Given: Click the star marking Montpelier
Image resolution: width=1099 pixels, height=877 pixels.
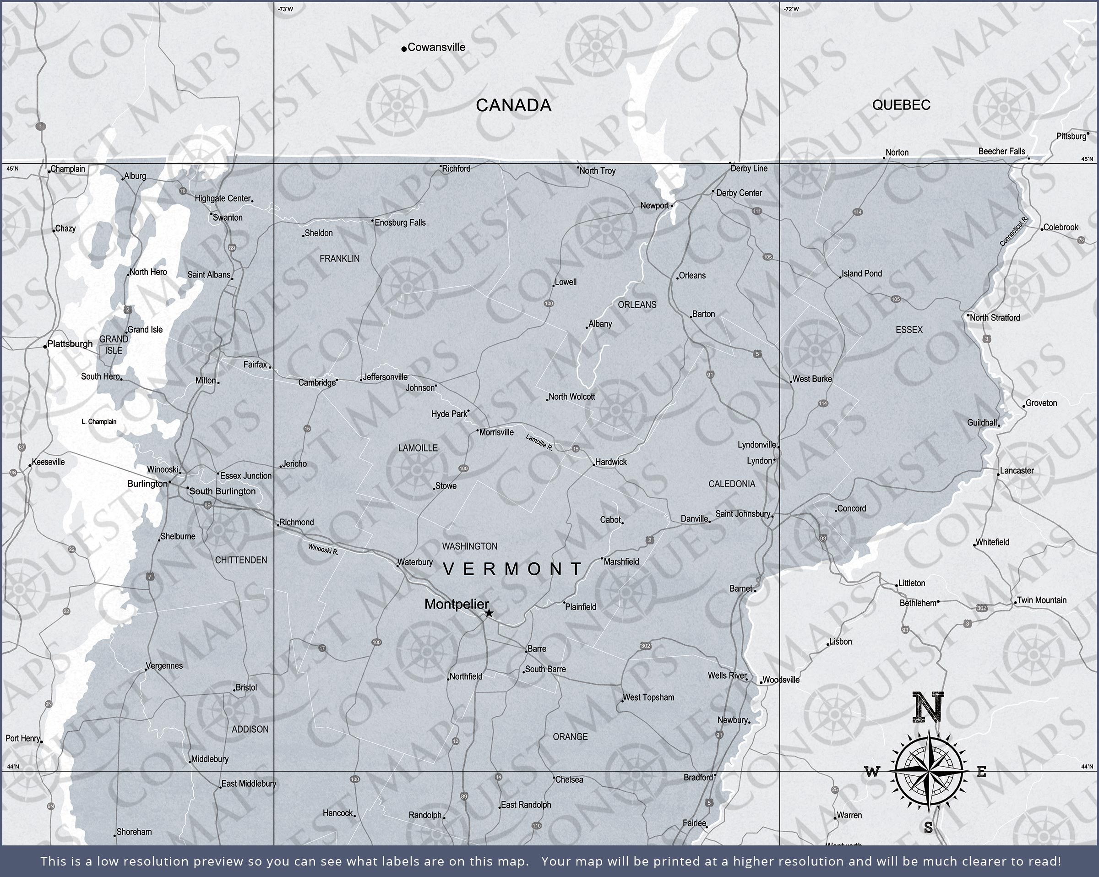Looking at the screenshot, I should coord(489,613).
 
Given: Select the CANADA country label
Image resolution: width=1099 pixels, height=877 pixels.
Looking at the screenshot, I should coord(513,105).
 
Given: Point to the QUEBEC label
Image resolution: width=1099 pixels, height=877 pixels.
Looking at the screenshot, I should coord(901,104).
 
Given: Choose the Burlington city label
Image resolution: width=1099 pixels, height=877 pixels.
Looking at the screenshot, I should coord(147,483).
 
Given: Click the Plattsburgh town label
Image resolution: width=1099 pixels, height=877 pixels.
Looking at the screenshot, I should coord(70,343).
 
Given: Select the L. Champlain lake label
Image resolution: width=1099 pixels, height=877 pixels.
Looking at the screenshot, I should coord(99,422).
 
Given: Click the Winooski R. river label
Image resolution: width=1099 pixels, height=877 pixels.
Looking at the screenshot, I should coord(323,549).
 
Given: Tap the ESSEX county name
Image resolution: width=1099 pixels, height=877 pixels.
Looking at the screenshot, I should coord(909,330).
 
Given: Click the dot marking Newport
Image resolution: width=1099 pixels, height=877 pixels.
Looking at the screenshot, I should coord(672,206).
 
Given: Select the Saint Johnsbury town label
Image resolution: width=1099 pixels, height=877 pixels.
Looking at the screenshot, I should coord(742,513).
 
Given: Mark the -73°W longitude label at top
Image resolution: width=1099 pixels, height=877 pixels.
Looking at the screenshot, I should coord(285,9).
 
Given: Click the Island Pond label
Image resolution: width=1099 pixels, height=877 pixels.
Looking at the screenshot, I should coord(861,273).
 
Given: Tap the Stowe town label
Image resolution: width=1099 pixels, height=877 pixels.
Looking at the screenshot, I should coord(446,486).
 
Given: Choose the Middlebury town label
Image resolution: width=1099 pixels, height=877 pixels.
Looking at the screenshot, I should coord(210,759).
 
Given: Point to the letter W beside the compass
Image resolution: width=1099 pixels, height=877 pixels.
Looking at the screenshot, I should coord(872,772).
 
